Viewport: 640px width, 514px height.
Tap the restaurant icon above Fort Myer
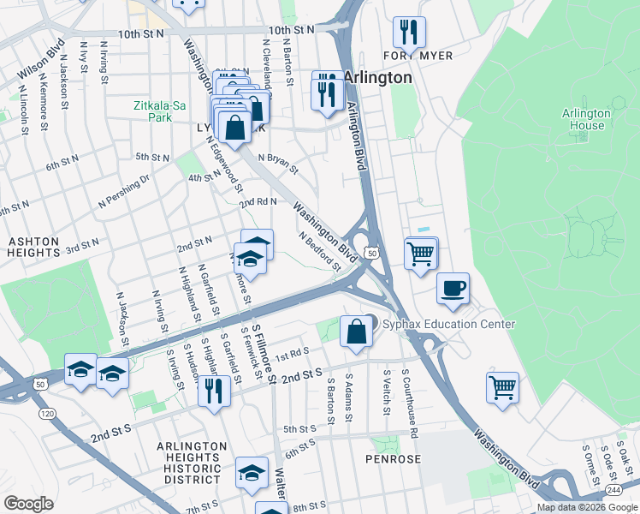click(409, 33)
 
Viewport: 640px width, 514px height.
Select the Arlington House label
click(586, 119)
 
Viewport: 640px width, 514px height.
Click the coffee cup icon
click(453, 288)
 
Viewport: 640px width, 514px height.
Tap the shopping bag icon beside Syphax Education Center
click(356, 331)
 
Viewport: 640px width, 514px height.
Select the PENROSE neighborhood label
click(394, 459)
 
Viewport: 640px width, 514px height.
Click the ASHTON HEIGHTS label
click(33, 248)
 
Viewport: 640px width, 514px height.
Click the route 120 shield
click(46, 414)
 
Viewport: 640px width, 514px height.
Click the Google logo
click(28, 504)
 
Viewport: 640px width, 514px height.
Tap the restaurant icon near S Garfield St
click(214, 391)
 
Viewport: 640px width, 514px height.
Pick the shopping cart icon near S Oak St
click(502, 386)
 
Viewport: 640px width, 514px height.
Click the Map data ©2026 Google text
click(586, 507)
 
